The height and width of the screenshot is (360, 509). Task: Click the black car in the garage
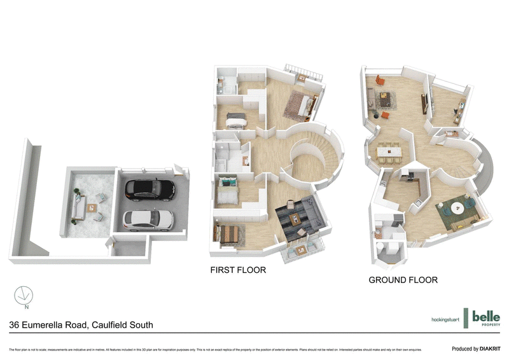coord(150,188)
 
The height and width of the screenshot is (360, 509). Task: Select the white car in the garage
coord(148,219)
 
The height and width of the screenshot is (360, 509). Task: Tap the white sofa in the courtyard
coord(78,207)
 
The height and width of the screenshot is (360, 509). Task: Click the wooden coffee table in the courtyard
coord(93,207)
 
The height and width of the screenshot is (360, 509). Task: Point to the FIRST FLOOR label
coord(238,270)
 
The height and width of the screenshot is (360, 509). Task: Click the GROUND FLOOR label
coord(403,280)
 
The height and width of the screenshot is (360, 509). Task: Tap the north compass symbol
coord(24,296)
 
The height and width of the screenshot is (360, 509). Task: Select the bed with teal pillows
coord(227,189)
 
